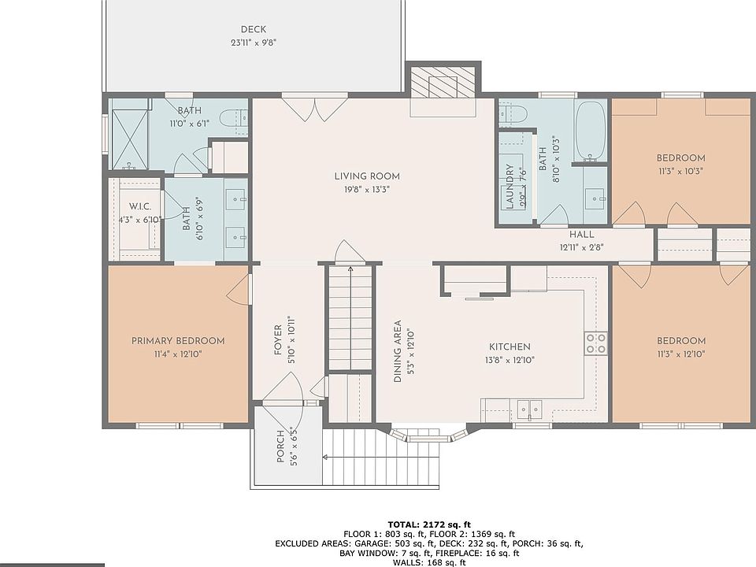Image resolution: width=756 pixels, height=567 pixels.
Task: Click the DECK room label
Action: pos(253,29)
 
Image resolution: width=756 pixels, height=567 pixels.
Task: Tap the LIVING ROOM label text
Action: pos(367,176)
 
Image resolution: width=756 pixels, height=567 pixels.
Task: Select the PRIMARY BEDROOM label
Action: pos(178,341)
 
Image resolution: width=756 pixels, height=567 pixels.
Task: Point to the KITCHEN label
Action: pos(510,346)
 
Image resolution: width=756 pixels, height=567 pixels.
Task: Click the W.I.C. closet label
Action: pos(140,206)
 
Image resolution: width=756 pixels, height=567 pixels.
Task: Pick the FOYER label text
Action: pos(278,340)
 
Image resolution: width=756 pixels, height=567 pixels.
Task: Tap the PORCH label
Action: pos(280,447)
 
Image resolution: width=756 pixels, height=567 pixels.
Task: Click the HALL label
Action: pos(581,235)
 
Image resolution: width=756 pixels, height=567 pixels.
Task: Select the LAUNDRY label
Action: pos(510,187)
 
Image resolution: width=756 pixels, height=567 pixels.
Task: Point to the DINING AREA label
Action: pos(398,351)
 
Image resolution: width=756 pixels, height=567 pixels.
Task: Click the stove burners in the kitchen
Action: pos(596,344)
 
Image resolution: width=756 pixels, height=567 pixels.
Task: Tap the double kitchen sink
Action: pos(529,409)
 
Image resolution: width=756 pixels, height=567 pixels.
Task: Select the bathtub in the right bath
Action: pos(591,132)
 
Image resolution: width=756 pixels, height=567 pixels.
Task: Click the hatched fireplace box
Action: pos(443,82)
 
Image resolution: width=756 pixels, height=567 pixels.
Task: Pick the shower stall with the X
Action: pos(130,139)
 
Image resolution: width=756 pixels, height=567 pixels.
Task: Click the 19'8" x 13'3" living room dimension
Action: pos(367,190)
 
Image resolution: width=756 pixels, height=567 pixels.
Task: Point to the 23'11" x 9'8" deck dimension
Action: pos(253,43)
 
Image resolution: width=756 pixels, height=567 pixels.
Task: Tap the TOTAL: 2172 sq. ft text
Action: pos(429,524)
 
